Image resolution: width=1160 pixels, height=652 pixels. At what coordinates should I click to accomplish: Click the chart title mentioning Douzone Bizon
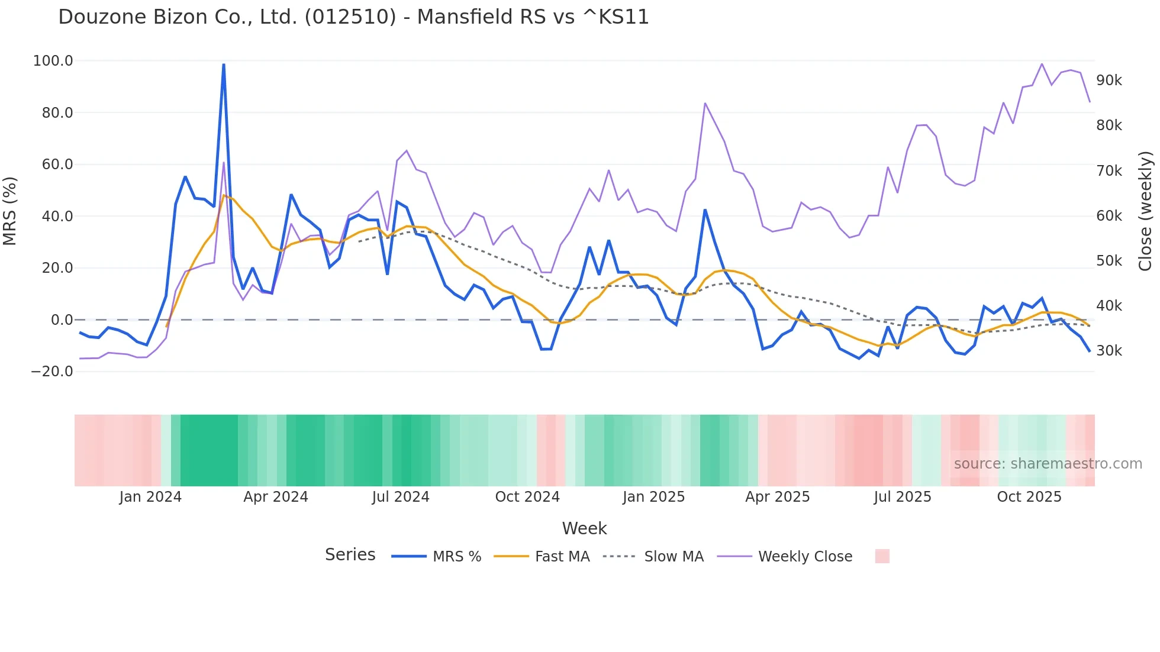click(x=353, y=17)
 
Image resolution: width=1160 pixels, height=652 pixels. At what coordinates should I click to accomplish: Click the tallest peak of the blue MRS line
click(x=224, y=64)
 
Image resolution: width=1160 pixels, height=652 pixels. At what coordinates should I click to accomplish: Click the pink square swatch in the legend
click(x=882, y=556)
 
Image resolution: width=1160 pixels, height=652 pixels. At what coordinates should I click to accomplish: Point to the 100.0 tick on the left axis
click(x=53, y=61)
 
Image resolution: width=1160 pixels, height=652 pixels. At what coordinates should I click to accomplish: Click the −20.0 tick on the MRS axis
click(x=52, y=372)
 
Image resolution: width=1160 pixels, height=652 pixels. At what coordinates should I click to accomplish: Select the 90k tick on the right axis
click(x=1109, y=80)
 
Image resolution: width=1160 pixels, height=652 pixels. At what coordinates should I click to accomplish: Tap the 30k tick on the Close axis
click(x=1109, y=351)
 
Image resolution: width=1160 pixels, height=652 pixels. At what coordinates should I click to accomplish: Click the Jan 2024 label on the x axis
click(x=150, y=497)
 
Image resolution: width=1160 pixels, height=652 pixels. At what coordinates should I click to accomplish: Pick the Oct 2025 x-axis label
click(x=1029, y=497)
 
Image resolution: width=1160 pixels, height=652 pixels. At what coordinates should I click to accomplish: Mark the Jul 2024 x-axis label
click(x=401, y=497)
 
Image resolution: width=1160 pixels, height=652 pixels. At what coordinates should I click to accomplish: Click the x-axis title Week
click(x=584, y=528)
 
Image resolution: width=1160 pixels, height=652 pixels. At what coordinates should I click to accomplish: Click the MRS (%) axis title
click(x=10, y=211)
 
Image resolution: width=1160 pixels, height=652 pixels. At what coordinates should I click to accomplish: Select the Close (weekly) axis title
click(x=1146, y=211)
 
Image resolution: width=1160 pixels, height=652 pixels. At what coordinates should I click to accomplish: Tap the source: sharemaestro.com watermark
click(x=1048, y=464)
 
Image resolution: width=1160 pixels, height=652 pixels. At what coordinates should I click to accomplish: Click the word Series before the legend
click(x=350, y=555)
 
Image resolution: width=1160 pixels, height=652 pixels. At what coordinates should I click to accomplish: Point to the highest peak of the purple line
click(x=1042, y=64)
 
